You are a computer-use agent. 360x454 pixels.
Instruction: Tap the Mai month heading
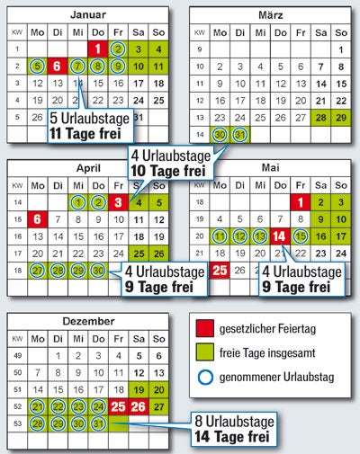point(269,168)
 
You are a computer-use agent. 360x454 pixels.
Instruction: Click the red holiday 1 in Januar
point(98,49)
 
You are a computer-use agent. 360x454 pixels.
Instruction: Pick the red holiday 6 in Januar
point(57,66)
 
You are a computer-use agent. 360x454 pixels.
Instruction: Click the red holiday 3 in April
point(119,202)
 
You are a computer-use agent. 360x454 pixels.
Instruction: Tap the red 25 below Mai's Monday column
point(219,270)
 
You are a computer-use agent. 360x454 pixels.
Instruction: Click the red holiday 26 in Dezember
point(139,405)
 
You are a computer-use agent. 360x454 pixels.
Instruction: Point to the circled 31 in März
point(238,135)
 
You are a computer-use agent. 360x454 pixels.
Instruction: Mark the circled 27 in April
point(37,270)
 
